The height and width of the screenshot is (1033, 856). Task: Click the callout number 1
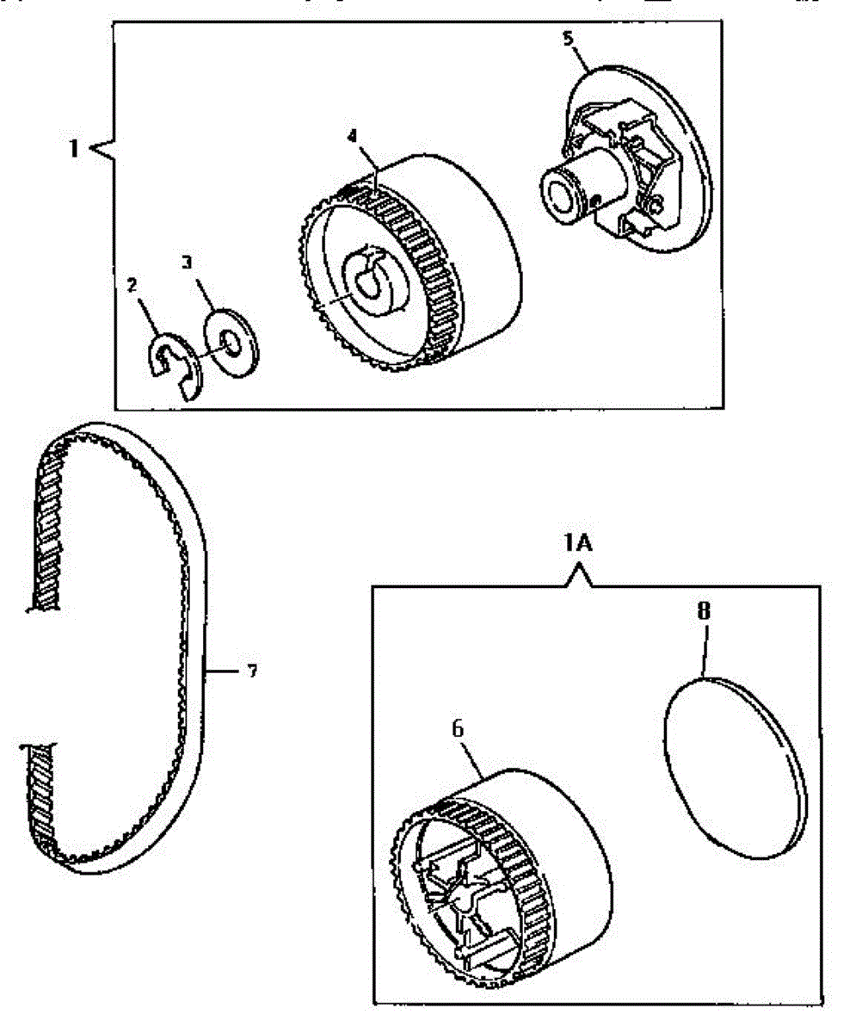click(75, 148)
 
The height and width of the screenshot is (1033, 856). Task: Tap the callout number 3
click(188, 261)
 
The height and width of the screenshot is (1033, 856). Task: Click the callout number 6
click(458, 727)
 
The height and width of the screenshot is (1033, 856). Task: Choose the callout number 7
click(251, 671)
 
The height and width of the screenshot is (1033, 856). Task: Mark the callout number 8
click(705, 612)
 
